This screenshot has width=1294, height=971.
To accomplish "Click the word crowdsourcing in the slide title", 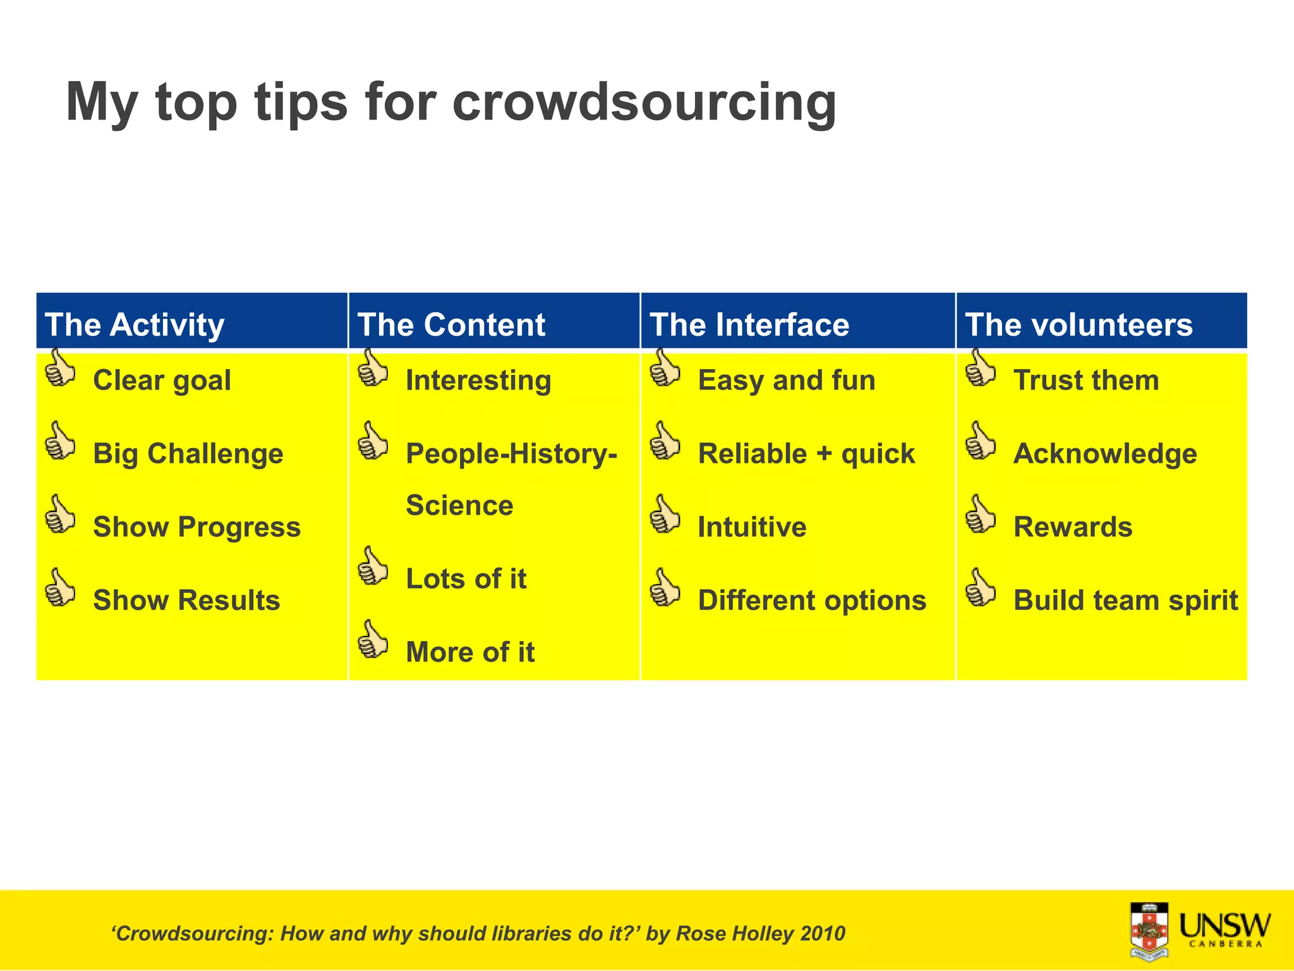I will (644, 103).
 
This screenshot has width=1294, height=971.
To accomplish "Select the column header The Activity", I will (135, 325).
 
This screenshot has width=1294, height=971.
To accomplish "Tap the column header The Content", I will (451, 325).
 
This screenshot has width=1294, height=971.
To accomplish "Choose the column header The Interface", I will (749, 325).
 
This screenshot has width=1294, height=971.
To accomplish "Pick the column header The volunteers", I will (1079, 325).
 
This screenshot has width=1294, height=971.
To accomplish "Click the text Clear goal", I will (162, 381).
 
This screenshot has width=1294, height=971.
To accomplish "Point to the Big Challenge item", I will (188, 454).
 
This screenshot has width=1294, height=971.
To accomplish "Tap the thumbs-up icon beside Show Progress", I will (60, 515).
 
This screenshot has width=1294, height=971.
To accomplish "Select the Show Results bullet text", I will (186, 601).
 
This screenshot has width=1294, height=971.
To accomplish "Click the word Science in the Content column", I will (459, 506).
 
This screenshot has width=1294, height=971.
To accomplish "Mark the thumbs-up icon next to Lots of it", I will (373, 566).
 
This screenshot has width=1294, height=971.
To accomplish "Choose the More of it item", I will (470, 652).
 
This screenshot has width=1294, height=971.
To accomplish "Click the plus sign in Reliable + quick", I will (824, 455).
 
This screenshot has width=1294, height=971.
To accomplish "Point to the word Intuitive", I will (752, 527).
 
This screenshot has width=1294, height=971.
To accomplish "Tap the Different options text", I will (812, 601).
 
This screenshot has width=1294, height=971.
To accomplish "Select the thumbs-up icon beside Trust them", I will (981, 369).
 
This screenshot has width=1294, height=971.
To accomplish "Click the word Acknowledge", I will (1105, 454).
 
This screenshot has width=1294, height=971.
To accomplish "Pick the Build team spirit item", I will (1125, 601).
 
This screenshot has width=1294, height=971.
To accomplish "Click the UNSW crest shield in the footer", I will (1149, 931).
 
